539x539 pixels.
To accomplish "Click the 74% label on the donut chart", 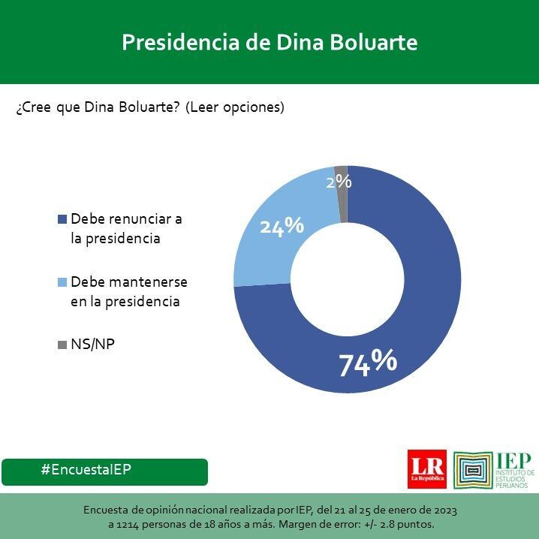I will click(367, 363).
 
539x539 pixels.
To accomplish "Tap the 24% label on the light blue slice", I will click(282, 225).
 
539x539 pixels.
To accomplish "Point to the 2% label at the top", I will click(339, 181).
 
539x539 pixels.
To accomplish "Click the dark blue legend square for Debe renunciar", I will click(62, 220).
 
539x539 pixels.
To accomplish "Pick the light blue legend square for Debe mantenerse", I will click(62, 283).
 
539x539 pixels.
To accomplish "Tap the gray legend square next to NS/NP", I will click(62, 345).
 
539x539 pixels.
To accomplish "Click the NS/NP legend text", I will click(92, 345).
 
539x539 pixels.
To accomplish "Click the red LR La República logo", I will click(426, 469).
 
